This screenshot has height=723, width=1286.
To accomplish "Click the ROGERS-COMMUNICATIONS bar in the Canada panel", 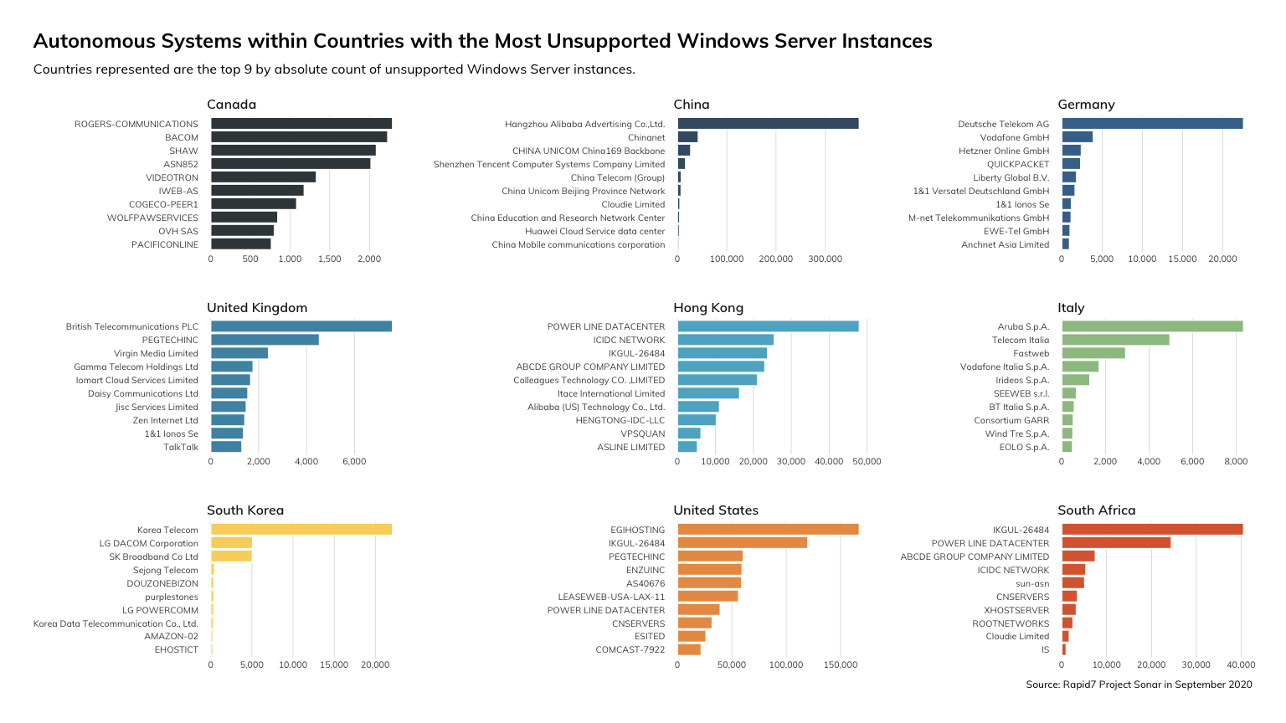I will tap(301, 124).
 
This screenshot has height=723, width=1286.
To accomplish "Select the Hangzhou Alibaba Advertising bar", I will tap(768, 124).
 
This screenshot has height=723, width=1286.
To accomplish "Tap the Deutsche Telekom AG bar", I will tap(1152, 124).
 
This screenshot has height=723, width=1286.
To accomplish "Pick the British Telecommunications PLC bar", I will tap(301, 326).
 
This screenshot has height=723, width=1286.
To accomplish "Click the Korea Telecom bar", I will tap(301, 530).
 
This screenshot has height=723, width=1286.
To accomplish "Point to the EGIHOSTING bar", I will tap(768, 530).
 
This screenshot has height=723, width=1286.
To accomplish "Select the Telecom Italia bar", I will tap(1115, 340).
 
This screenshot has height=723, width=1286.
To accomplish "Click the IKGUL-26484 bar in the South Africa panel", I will tap(1152, 530).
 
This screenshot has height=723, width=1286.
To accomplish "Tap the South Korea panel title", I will tap(245, 510).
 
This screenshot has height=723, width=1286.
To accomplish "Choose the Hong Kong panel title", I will tap(708, 308).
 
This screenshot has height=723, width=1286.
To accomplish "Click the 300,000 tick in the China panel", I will tap(825, 259).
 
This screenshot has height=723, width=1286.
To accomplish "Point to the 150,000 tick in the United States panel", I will tap(841, 665).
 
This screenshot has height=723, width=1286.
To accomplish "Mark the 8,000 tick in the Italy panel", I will tap(1236, 462).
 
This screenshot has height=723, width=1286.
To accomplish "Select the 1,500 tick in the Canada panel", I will tap(330, 259).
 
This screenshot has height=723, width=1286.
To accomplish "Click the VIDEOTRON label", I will tap(172, 177).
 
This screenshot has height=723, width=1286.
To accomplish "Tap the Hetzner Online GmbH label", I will tap(1003, 151).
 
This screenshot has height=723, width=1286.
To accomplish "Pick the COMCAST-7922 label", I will tap(630, 650).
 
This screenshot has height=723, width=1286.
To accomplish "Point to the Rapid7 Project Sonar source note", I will tap(1139, 685).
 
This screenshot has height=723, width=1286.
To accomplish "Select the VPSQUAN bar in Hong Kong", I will tap(689, 433).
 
